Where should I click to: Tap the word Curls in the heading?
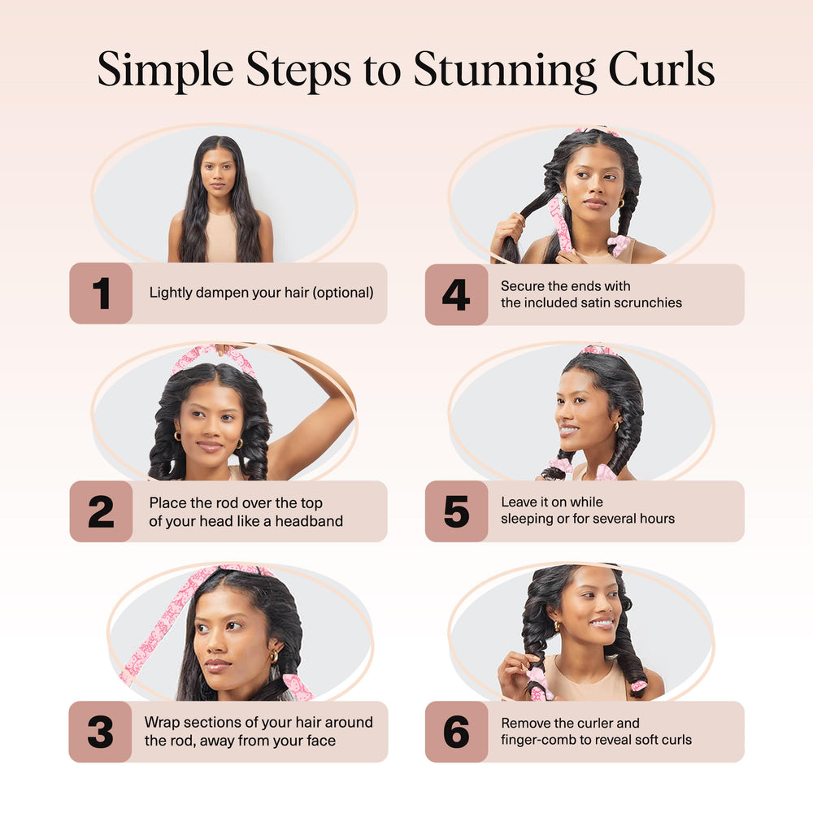662,69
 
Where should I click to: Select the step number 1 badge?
101,293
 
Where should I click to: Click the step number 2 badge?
101,511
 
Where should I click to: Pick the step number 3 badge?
101,732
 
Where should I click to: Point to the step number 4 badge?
456,294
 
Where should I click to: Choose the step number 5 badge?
456,511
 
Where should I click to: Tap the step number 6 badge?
456,732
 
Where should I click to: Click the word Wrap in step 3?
162,722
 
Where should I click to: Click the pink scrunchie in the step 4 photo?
619,245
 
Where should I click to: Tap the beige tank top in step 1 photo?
220,237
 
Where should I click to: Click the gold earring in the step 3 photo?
273,656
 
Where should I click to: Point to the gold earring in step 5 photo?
616,426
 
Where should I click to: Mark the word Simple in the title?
165,71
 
